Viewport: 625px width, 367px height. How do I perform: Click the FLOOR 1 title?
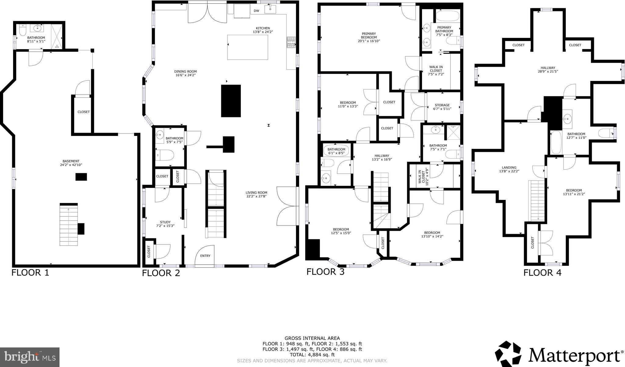(30, 273)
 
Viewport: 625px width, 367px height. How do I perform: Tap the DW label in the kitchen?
(256, 11)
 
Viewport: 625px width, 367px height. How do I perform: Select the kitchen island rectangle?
(247, 47)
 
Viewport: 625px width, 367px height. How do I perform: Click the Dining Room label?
(186, 72)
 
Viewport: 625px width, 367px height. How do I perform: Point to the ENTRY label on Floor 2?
(205, 256)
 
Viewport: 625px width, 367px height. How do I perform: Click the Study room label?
(165, 222)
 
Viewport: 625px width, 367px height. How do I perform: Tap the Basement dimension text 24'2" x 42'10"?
(71, 165)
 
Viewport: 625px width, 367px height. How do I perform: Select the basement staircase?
(68, 225)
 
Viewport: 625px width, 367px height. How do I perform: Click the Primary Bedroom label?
(369, 34)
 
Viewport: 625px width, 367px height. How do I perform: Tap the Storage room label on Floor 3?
(442, 105)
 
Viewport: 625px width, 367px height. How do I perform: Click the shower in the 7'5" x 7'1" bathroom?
(453, 132)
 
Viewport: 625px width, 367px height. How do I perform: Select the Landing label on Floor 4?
(509, 167)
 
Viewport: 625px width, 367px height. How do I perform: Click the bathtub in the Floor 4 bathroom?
(556, 142)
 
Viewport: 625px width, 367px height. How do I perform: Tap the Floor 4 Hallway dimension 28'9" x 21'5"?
(547, 72)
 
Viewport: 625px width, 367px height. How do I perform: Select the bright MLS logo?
(30, 357)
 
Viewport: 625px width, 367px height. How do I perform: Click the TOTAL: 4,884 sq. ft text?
(312, 355)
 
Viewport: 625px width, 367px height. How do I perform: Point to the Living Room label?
(256, 193)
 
